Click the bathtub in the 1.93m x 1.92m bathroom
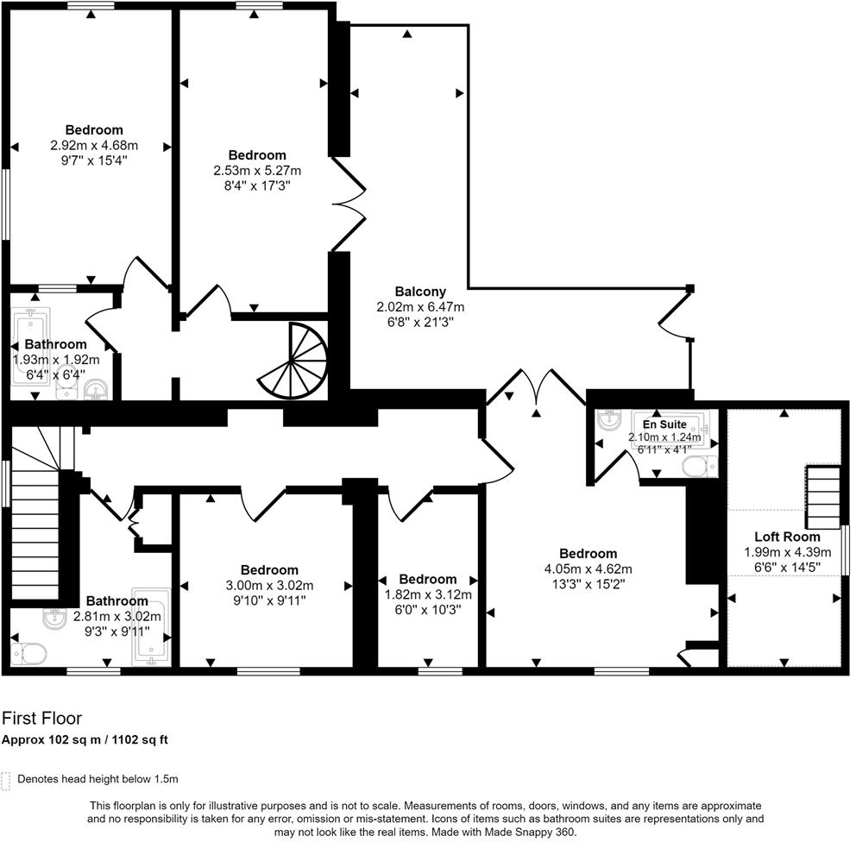pos(32,345)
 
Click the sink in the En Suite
pos(611,422)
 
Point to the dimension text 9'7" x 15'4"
pos(94,160)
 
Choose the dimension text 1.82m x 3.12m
pos(428,594)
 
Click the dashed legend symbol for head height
pos(7,780)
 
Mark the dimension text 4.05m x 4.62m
pos(588,569)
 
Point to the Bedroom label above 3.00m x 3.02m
pos(269,570)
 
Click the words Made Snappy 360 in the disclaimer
pos(532,832)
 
